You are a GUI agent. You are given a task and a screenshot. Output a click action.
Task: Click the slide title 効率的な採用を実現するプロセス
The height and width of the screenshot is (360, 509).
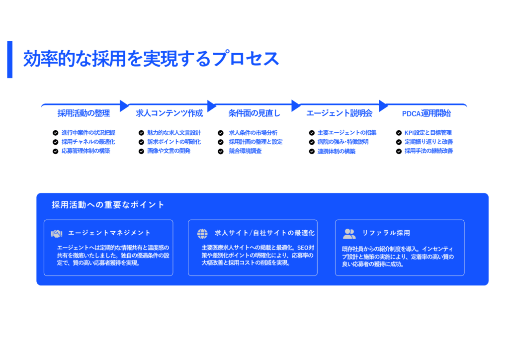[151, 59]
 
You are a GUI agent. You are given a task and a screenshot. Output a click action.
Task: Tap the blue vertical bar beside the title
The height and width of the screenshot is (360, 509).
[10, 59]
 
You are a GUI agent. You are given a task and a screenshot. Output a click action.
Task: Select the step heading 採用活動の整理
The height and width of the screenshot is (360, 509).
[84, 113]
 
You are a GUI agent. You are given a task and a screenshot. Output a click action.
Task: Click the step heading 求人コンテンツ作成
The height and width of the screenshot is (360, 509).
[169, 113]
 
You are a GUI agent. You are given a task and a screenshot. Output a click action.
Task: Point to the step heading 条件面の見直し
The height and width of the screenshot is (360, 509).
[254, 113]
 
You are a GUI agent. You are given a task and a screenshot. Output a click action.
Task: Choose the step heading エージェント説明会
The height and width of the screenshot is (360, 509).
[339, 113]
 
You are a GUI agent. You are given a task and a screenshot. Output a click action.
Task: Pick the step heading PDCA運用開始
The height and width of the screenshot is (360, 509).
[426, 113]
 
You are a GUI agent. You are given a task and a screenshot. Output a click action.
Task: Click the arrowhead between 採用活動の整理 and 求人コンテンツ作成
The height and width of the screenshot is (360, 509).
[124, 105]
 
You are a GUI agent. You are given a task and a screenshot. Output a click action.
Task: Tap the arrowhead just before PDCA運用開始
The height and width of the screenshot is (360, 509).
[383, 105]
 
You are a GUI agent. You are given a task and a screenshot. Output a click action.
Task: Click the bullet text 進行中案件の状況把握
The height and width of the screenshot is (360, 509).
[88, 133]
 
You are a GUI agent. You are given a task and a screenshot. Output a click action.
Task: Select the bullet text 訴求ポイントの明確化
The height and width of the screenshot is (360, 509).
[174, 142]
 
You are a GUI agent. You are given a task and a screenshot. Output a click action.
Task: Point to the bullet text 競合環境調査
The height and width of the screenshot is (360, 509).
[245, 151]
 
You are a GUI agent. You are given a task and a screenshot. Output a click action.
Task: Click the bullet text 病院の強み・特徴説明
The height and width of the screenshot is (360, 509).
[343, 142]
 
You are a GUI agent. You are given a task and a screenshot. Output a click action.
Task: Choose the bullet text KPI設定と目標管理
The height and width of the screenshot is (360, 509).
[428, 133]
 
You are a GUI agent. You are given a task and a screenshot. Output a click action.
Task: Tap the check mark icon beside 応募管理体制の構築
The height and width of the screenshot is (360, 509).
[56, 151]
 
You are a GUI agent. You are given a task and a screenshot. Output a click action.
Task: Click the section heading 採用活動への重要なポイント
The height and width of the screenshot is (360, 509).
[108, 205]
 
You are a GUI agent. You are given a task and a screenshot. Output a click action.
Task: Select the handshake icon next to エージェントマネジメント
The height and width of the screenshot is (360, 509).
[57, 233]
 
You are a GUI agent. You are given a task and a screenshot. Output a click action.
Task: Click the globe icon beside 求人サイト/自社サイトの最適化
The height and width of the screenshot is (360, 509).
[202, 233]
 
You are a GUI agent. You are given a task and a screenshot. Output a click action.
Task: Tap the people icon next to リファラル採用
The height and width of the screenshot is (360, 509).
[349, 233]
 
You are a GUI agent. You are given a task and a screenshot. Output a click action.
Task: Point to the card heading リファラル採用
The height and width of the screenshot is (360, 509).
[386, 233]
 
